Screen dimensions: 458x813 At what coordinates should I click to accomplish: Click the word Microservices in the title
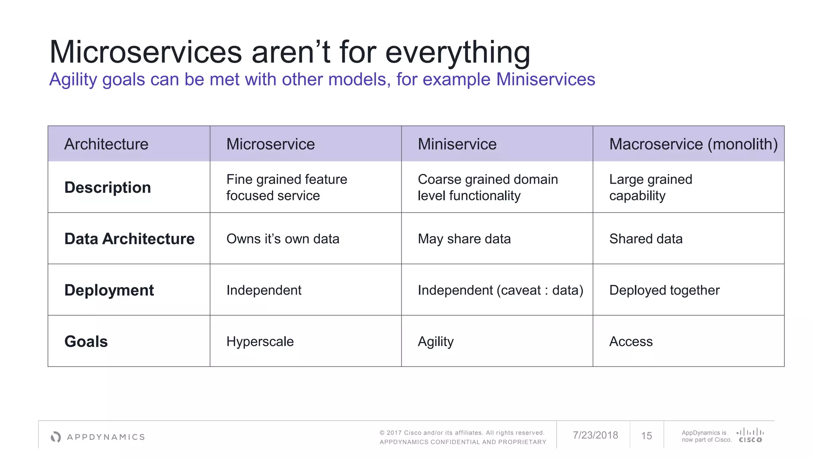145,52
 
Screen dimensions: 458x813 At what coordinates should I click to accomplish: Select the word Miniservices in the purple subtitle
545,80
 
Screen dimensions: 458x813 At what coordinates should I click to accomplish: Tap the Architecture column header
106,144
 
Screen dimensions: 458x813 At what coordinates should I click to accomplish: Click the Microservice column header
270,144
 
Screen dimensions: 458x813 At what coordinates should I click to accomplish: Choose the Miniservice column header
457,144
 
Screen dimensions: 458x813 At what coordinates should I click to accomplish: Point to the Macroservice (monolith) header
693,144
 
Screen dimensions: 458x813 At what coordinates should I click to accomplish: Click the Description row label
108,187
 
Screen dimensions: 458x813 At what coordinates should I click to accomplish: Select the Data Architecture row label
129,239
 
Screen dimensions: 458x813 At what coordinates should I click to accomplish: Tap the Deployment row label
109,290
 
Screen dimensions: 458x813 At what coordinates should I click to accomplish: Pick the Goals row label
86,342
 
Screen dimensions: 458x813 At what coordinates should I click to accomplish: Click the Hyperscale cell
260,342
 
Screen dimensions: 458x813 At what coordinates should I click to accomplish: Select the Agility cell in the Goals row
435,342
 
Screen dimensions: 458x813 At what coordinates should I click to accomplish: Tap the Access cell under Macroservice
631,342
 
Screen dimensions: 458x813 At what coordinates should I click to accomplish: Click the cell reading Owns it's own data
283,239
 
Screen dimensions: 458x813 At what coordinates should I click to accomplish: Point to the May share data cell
464,239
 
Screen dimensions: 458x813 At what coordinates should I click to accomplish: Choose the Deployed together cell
664,290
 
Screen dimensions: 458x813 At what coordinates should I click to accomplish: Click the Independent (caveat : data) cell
500,290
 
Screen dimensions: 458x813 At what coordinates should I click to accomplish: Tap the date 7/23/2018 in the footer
595,435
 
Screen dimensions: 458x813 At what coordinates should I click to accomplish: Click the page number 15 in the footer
646,436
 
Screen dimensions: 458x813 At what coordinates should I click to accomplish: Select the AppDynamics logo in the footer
98,437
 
